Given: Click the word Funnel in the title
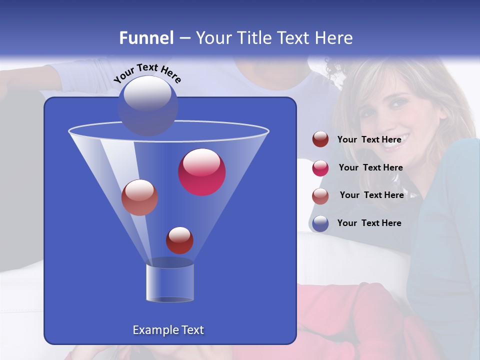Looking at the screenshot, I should click(x=146, y=37).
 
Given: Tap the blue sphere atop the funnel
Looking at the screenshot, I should click(x=147, y=104).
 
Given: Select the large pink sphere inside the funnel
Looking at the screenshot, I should click(x=202, y=172).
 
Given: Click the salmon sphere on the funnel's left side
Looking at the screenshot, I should click(x=139, y=197).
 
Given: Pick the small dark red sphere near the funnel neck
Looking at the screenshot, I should click(x=179, y=240).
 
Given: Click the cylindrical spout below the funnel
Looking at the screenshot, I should click(x=169, y=282).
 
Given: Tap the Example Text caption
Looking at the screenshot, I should click(x=168, y=330).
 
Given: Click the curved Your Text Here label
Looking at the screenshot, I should click(x=147, y=73).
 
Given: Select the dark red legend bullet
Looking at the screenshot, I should click(x=320, y=139).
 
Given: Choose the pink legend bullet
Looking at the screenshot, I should click(x=320, y=168).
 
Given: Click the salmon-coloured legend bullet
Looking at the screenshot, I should click(x=320, y=195).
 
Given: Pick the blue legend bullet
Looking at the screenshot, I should click(x=320, y=223).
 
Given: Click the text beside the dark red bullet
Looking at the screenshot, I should click(x=369, y=139).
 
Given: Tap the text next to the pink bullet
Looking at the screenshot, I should click(x=370, y=167).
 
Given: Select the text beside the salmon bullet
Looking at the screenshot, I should click(x=371, y=195).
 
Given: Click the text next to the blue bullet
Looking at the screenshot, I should click(x=369, y=223).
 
